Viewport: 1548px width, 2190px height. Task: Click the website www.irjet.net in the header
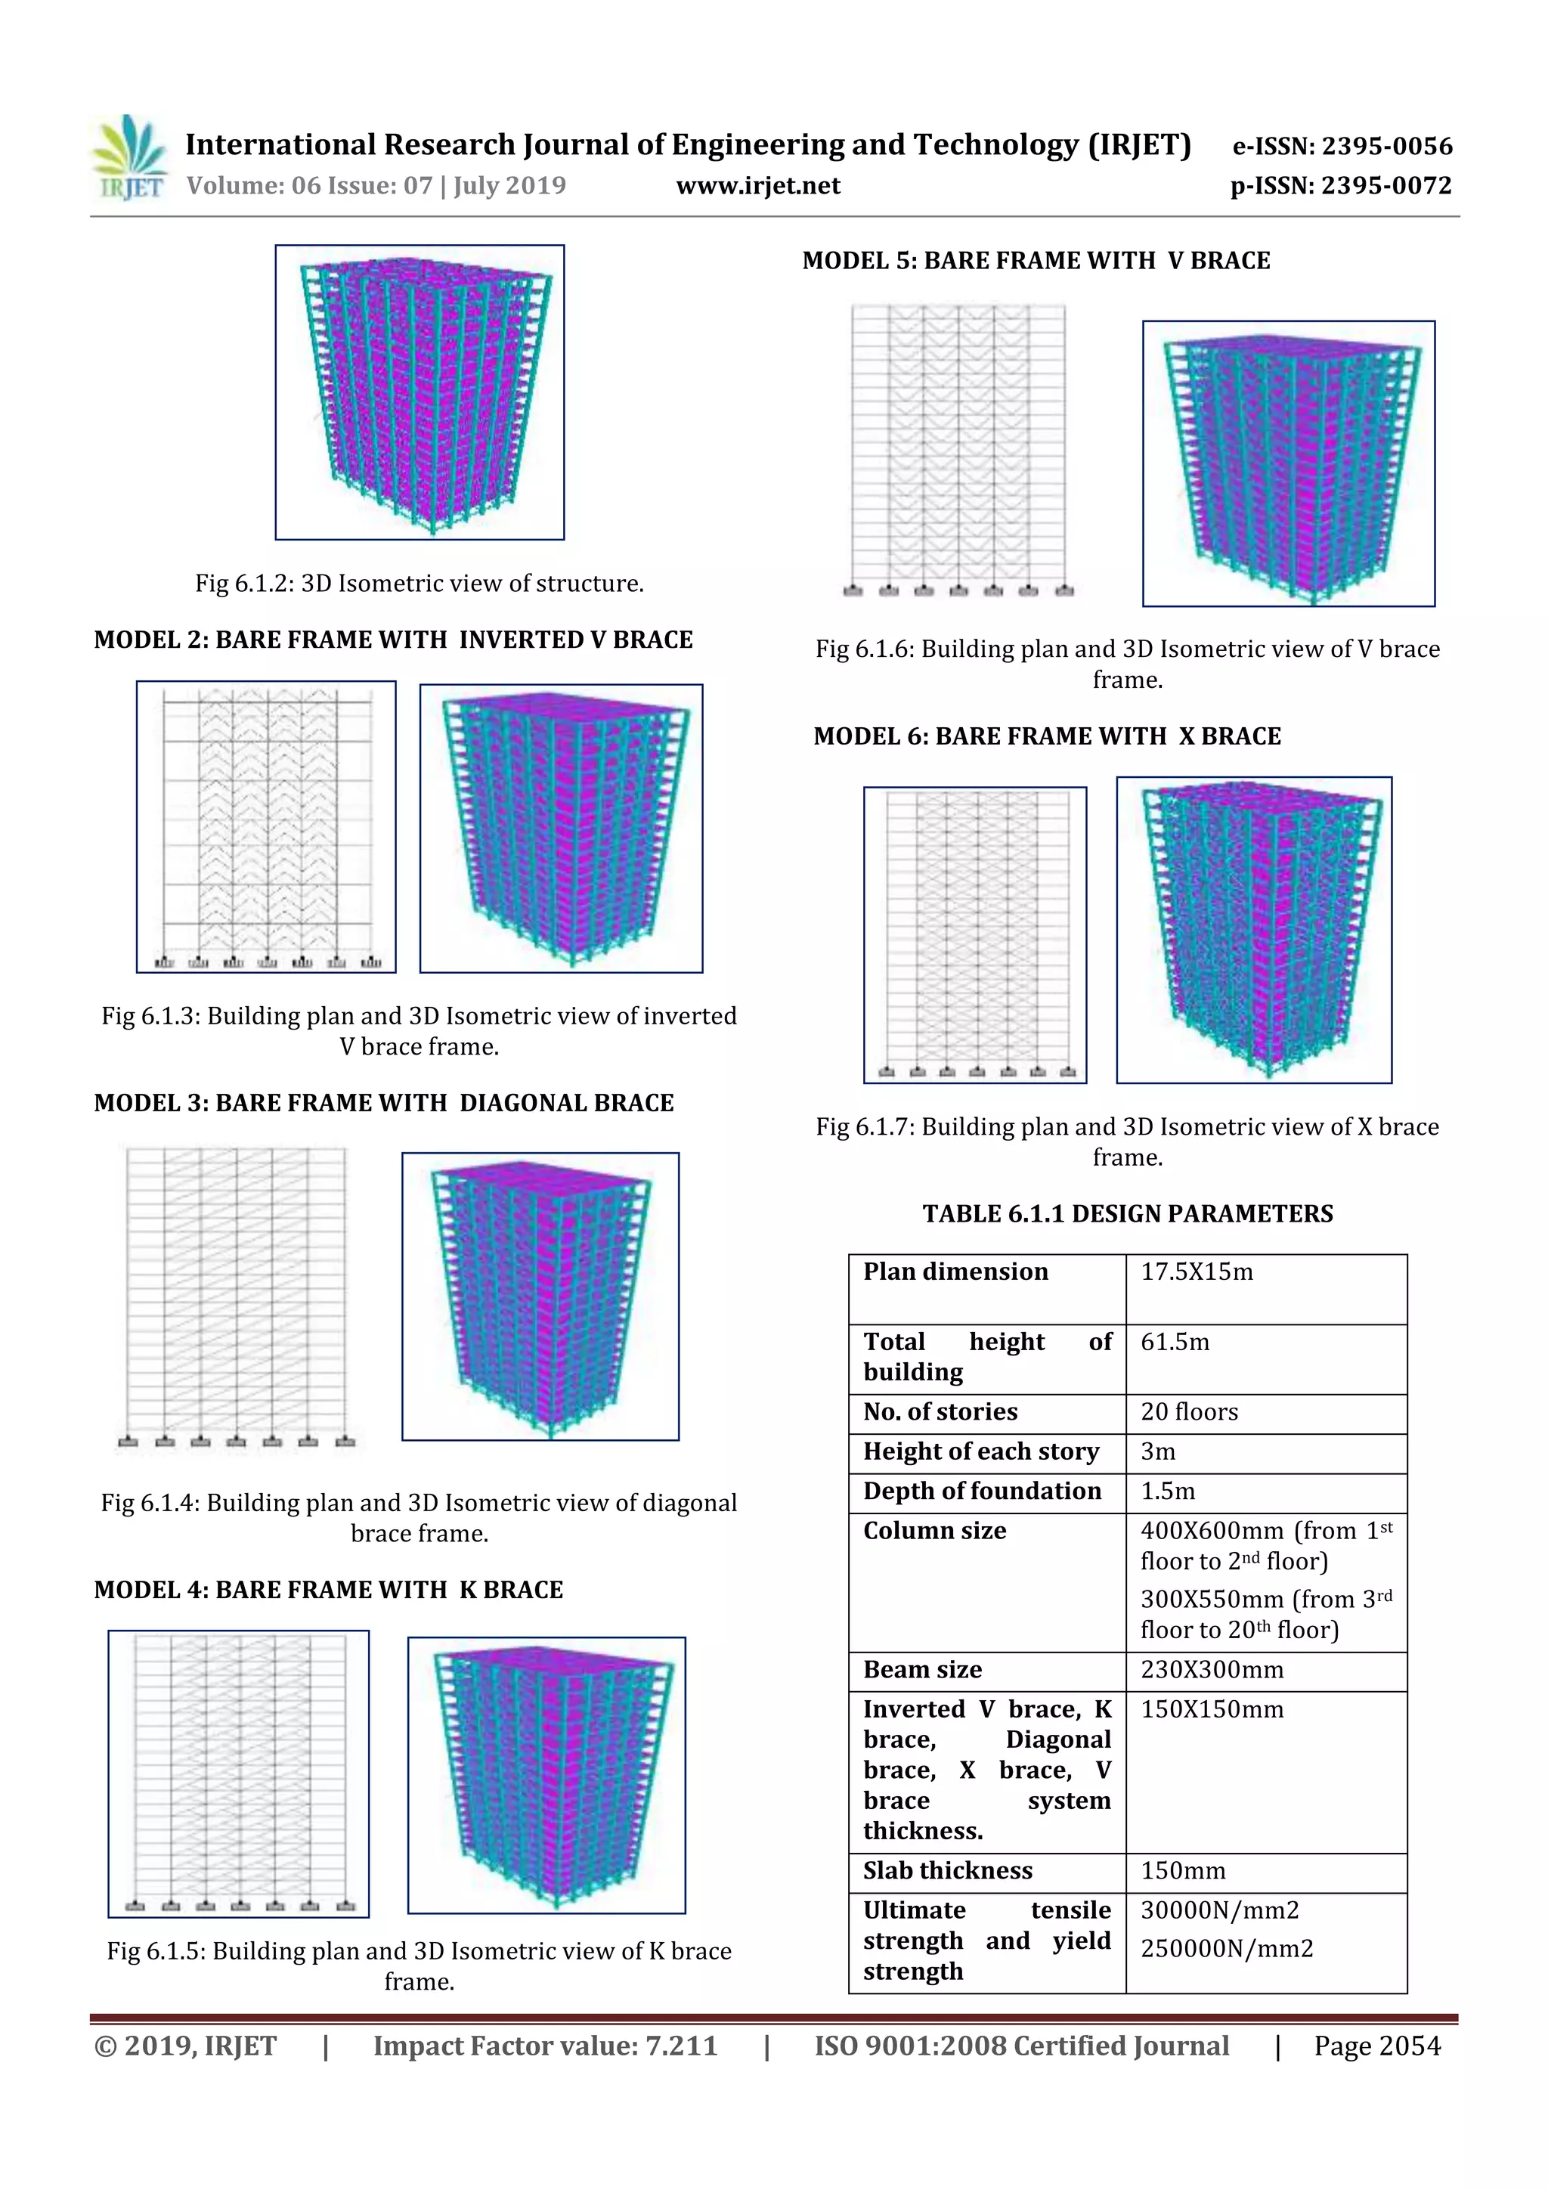click(x=757, y=186)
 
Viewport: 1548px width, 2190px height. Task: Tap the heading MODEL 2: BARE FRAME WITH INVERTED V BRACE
click(x=393, y=640)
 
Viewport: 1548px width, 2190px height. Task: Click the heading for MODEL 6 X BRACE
click(x=1046, y=736)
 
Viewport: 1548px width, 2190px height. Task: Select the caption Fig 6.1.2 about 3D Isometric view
click(x=420, y=584)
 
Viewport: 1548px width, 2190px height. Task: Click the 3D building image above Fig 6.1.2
click(x=420, y=392)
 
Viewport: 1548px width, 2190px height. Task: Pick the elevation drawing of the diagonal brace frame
click(x=237, y=1298)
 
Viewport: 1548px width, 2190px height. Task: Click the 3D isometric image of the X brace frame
click(x=1253, y=930)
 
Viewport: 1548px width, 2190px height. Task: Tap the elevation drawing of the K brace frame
click(x=238, y=1773)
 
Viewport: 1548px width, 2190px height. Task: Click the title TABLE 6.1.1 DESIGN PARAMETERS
click(x=1128, y=1214)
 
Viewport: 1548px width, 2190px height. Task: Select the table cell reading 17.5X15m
click(x=1197, y=1272)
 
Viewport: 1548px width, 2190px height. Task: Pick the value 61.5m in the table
click(x=1175, y=1343)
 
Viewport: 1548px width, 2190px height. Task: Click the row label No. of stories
click(x=940, y=1413)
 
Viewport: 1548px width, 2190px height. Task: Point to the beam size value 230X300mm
click(x=1212, y=1670)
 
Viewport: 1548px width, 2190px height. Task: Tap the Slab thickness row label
click(x=947, y=1872)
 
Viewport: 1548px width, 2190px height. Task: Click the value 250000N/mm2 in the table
click(x=1227, y=1950)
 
